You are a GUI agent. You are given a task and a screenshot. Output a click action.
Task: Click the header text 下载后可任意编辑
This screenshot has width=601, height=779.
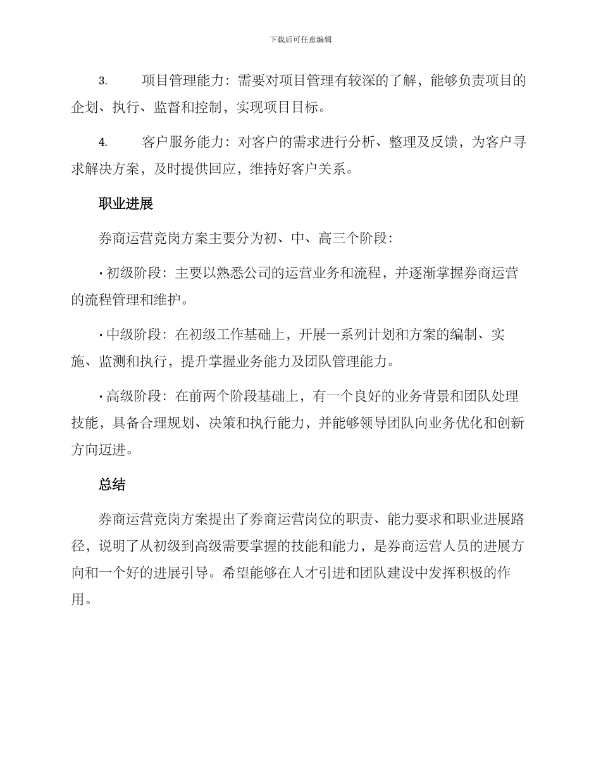point(300,39)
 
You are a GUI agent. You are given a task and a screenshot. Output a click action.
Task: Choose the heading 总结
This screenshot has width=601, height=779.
point(112,485)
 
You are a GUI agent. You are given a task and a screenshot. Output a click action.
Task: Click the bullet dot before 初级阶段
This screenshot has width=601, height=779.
point(101,274)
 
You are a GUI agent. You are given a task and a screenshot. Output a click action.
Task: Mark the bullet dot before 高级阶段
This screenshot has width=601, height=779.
point(101,397)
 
